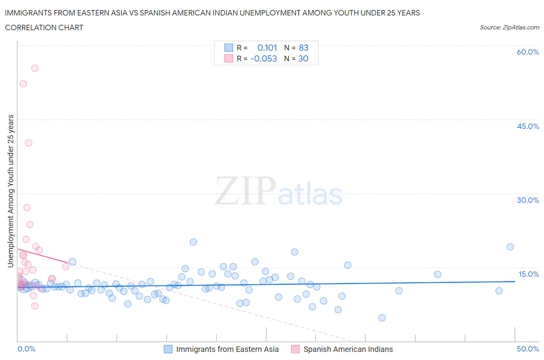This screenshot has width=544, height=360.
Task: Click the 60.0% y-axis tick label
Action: click(x=528, y=52)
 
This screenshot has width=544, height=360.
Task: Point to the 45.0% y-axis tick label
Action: click(x=528, y=126)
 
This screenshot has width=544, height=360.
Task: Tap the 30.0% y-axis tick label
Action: click(x=528, y=200)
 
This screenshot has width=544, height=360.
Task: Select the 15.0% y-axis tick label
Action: click(x=529, y=274)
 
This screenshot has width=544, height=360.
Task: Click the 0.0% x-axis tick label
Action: click(x=26, y=349)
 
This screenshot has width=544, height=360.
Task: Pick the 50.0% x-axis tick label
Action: click(x=528, y=349)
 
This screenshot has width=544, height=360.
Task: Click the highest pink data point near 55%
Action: click(x=35, y=68)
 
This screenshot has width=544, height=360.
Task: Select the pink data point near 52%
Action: click(x=23, y=84)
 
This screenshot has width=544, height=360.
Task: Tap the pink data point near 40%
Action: click(x=28, y=143)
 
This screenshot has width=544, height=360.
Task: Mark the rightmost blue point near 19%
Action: click(x=510, y=247)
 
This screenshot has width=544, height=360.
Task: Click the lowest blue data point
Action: click(x=382, y=318)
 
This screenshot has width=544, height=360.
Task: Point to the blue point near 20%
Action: click(x=193, y=242)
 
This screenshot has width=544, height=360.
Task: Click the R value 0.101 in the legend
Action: click(x=267, y=48)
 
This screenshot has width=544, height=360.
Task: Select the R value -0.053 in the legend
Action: click(x=263, y=58)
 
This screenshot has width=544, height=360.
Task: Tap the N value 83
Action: click(x=303, y=48)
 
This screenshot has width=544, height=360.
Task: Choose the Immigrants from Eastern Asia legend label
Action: click(x=227, y=349)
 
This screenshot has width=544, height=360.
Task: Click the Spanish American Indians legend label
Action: click(x=348, y=349)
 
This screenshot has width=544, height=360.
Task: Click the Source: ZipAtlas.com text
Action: click(x=509, y=27)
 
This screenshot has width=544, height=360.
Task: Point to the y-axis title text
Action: click(x=10, y=191)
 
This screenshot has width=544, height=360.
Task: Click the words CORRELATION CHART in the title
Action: click(x=44, y=27)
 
